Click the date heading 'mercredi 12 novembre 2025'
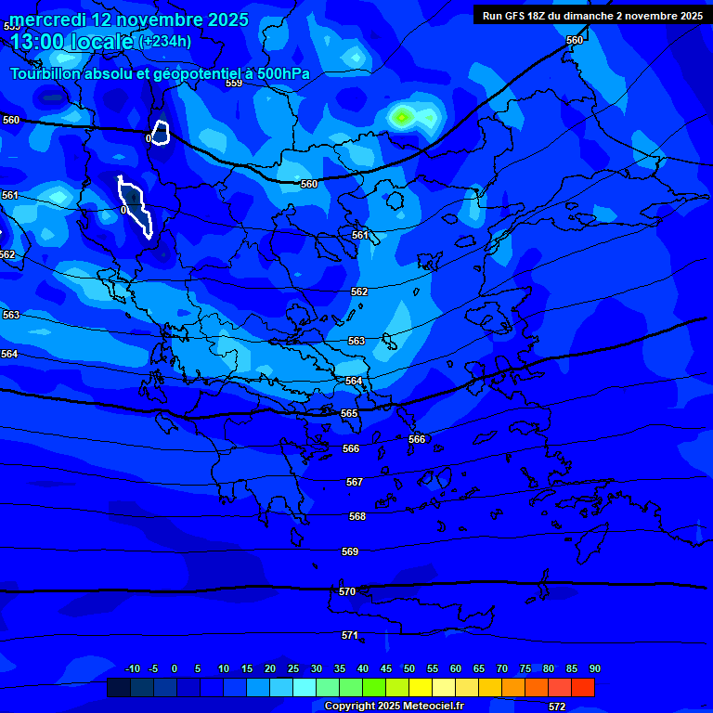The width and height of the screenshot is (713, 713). [129, 19]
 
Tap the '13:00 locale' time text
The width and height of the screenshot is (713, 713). [71, 42]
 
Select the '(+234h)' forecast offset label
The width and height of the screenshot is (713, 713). [165, 41]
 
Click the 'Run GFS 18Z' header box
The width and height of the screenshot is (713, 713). [592, 15]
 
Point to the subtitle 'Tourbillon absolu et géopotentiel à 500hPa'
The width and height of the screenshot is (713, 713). [160, 73]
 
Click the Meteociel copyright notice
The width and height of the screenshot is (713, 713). [394, 706]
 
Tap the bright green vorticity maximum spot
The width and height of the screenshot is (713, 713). [402, 117]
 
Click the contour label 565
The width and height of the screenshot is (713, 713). [349, 413]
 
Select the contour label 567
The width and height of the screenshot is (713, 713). [355, 482]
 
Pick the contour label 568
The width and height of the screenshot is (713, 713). [357, 516]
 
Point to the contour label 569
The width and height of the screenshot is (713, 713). [350, 551]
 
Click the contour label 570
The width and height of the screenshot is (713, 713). [347, 591]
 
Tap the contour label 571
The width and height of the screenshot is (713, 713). [350, 635]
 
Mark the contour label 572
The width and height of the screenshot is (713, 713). [557, 707]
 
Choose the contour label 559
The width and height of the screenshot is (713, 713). [234, 83]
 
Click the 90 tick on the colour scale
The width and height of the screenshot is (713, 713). [594, 668]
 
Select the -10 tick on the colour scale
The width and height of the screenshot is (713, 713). [133, 668]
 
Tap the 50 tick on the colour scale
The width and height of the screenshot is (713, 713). [408, 668]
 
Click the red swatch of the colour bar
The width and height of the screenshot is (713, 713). [583, 687]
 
